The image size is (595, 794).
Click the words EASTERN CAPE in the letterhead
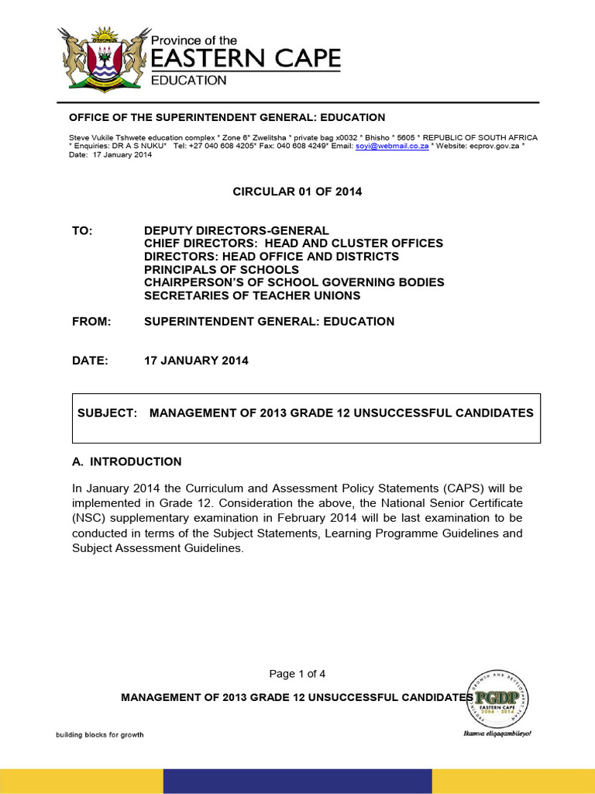coord(244,59)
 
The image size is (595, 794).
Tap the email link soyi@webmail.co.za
coord(392,146)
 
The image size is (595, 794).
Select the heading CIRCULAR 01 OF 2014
coord(297,192)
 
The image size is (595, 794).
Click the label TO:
coord(82,231)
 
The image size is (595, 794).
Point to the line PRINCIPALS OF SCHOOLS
coord(221,269)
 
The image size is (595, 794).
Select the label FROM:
coord(91,321)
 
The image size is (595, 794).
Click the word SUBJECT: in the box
coord(107,413)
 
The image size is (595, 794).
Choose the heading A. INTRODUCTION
coord(126,461)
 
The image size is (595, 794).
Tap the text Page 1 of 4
coord(297,673)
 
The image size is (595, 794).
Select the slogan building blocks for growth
coord(98,735)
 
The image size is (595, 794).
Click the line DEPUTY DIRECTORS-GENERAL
coord(236,231)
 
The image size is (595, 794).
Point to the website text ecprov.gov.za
coord(494,146)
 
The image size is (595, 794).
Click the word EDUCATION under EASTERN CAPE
coord(188,80)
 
